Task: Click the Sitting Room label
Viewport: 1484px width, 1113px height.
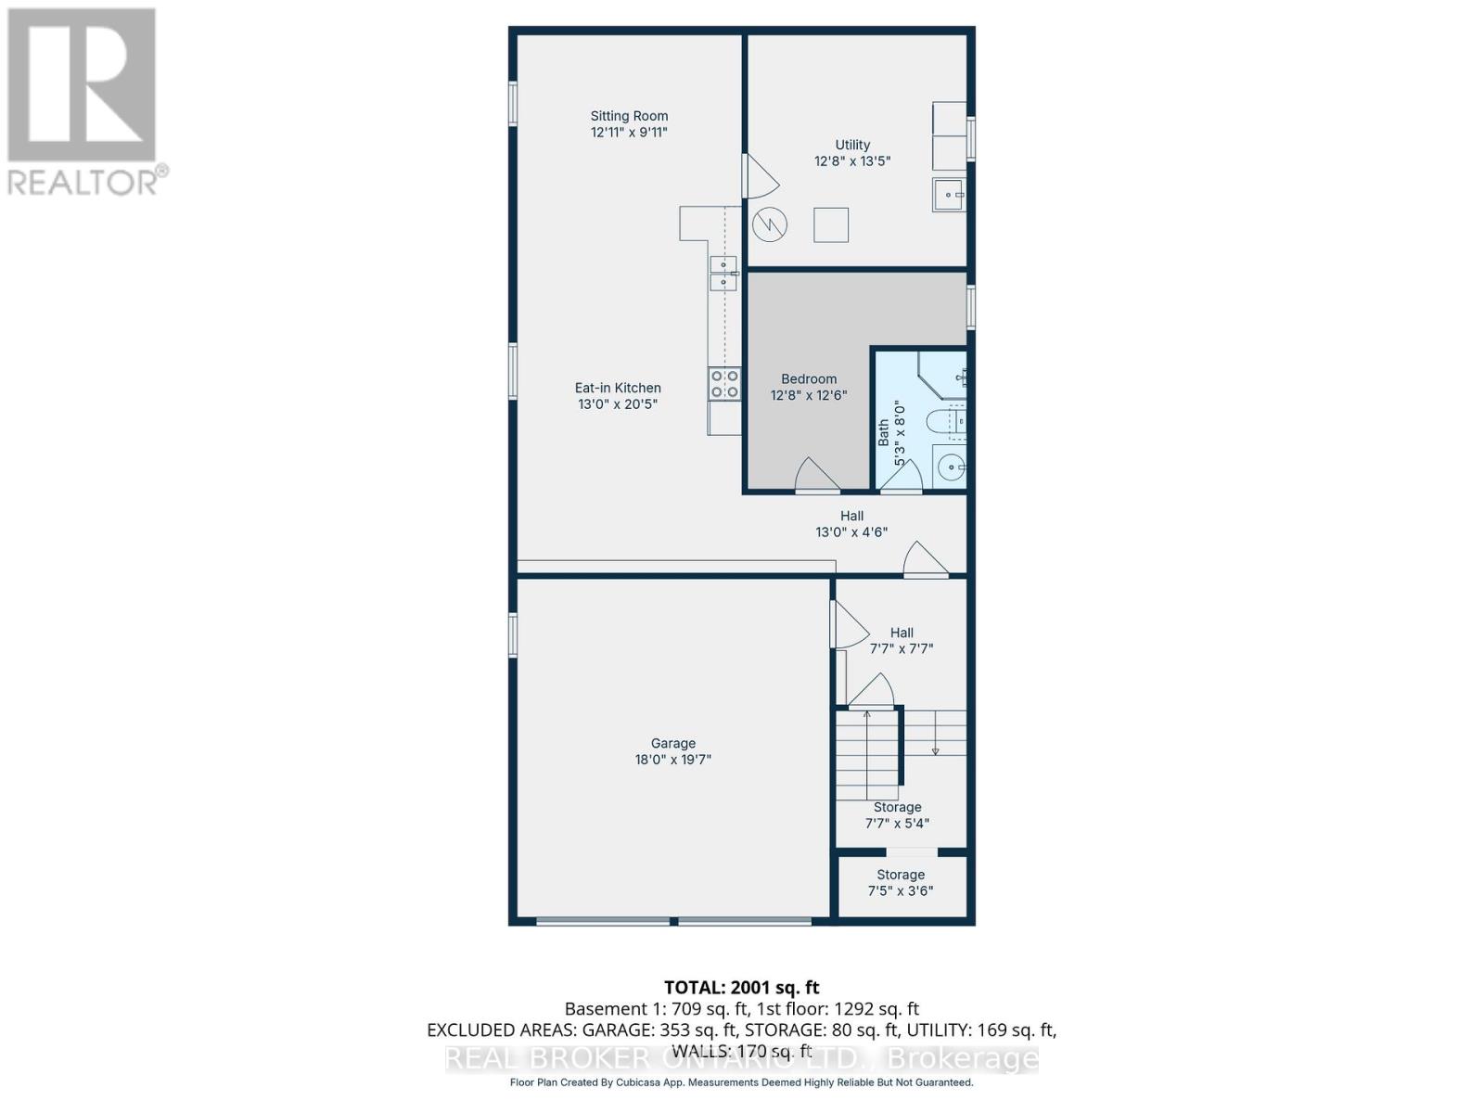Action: click(629, 116)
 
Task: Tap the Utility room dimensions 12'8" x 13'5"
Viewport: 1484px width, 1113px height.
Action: click(852, 160)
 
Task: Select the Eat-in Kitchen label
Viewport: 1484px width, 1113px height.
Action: click(618, 388)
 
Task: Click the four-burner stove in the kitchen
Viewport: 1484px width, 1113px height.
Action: click(724, 384)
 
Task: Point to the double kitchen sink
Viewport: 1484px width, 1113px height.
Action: click(723, 273)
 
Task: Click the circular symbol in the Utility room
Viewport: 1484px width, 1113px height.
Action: click(770, 224)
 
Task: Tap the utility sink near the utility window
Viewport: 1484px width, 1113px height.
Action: click(948, 195)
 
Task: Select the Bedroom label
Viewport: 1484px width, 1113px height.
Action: click(809, 378)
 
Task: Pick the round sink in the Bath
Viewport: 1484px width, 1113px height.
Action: click(950, 467)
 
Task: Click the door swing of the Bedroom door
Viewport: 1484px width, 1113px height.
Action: click(816, 475)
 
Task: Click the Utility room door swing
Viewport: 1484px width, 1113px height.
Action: click(761, 176)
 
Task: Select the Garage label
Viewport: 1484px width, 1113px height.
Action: click(672, 743)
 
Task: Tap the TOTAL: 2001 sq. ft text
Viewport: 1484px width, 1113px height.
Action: click(741, 988)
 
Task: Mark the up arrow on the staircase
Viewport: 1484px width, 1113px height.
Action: click(867, 716)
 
